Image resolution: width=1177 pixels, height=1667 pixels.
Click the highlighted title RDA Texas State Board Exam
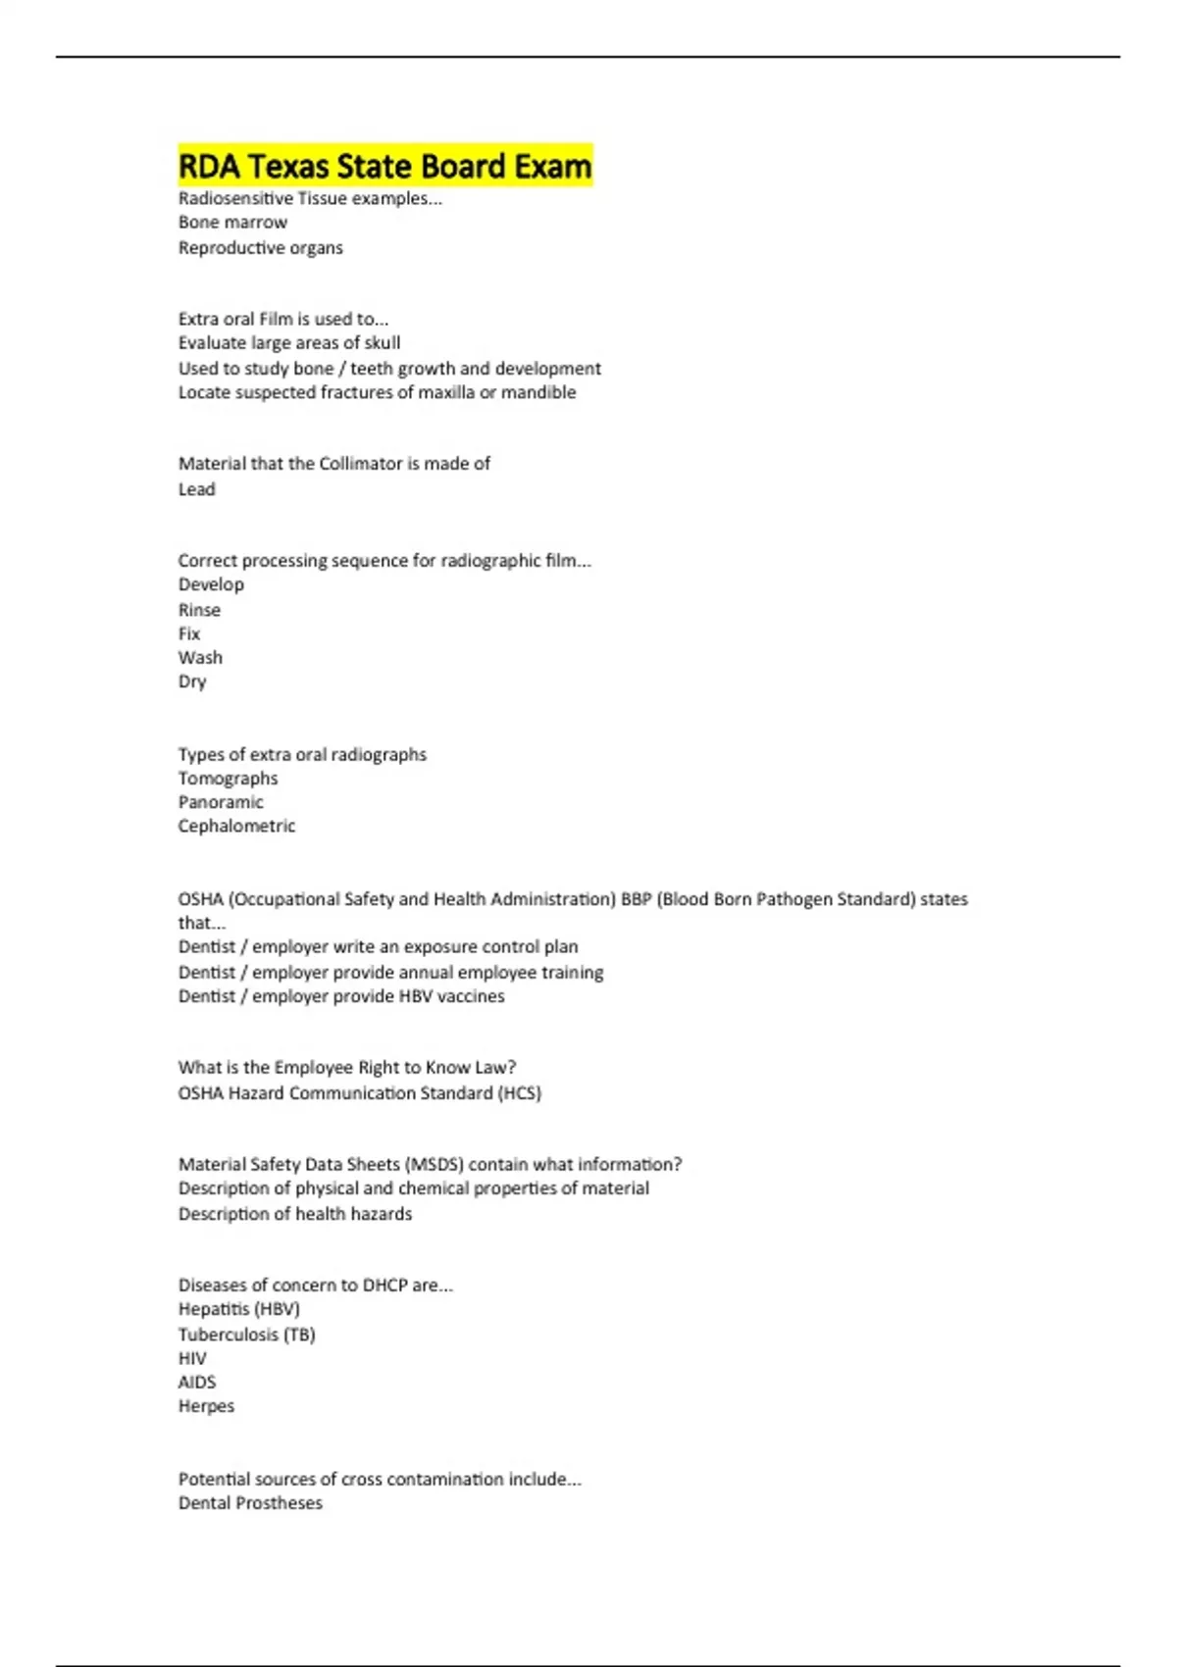pyautogui.click(x=384, y=166)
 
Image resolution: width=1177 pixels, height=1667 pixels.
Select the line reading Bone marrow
pyautogui.click(x=232, y=223)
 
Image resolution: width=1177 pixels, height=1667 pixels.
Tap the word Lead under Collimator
pyautogui.click(x=196, y=489)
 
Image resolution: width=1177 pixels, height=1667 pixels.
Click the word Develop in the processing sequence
pyautogui.click(x=211, y=584)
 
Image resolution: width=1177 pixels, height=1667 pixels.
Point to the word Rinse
pyautogui.click(x=199, y=610)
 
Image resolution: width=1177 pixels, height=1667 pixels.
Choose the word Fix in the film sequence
pyautogui.click(x=189, y=633)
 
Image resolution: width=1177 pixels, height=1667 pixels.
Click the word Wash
pyautogui.click(x=200, y=658)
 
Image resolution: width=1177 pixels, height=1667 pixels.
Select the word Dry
pyautogui.click(x=192, y=682)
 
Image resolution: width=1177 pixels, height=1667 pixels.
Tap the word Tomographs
pyautogui.click(x=228, y=779)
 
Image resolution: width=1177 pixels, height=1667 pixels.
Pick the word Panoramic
pyautogui.click(x=221, y=802)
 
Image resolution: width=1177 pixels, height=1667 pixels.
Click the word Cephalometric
pyautogui.click(x=236, y=827)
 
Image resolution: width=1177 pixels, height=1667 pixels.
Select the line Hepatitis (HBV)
pyautogui.click(x=238, y=1309)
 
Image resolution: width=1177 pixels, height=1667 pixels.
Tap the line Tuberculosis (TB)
pyautogui.click(x=246, y=1335)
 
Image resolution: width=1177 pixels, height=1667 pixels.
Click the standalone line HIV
pyautogui.click(x=192, y=1359)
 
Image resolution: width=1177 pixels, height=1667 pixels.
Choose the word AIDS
pyautogui.click(x=196, y=1383)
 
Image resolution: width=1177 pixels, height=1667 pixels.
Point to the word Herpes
pyautogui.click(x=206, y=1406)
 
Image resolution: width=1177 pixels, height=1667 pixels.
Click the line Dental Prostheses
pyautogui.click(x=250, y=1503)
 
